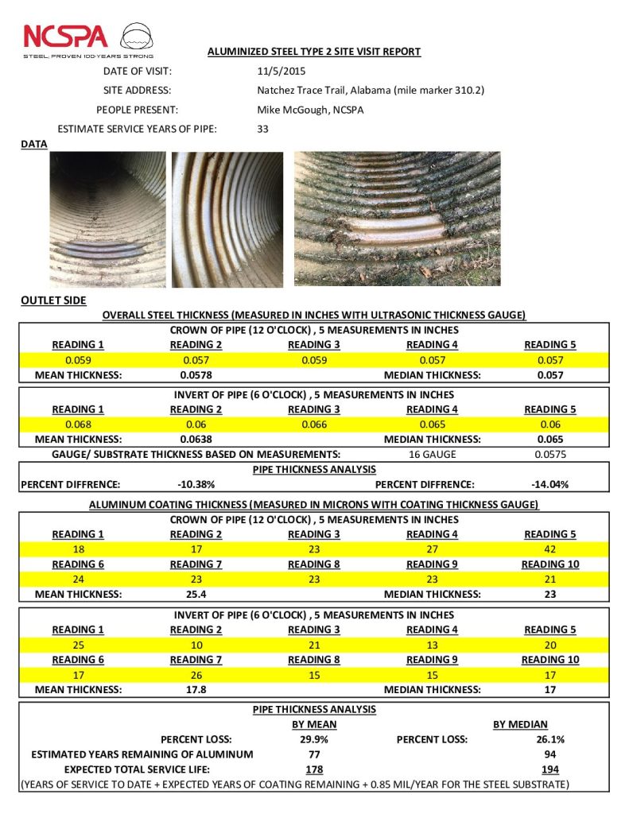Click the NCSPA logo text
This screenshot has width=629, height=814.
[65, 37]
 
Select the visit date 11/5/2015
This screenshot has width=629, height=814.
[276, 71]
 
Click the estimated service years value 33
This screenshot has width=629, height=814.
[263, 129]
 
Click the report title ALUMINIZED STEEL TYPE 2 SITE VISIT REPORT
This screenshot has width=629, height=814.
[314, 52]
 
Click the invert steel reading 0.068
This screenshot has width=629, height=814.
[78, 424]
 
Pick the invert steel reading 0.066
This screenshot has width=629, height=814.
[314, 424]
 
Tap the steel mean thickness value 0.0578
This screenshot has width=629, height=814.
[196, 374]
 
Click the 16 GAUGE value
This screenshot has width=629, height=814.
[432, 454]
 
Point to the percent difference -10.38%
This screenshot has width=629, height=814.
[196, 484]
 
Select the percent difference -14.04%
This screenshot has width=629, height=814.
[549, 484]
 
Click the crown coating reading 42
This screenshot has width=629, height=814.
[549, 548]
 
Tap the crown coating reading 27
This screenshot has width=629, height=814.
[432, 548]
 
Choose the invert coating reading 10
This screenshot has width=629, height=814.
[196, 644]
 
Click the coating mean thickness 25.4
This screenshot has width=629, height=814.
[196, 594]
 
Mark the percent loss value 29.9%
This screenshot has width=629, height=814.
[314, 739]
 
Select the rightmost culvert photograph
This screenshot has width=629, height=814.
[397, 219]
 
